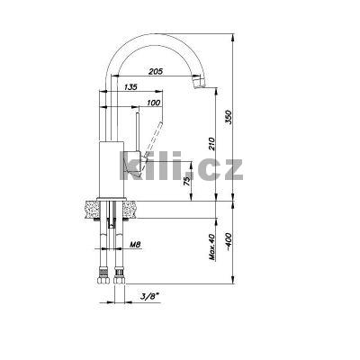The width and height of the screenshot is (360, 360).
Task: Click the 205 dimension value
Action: [x=156, y=71]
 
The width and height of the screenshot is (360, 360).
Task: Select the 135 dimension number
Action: [x=130, y=87]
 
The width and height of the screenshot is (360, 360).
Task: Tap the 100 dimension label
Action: [x=154, y=103]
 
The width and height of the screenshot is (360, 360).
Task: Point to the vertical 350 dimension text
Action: [x=229, y=118]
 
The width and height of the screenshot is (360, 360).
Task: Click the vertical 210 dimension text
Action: [x=211, y=144]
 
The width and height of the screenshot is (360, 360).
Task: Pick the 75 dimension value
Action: [x=187, y=181]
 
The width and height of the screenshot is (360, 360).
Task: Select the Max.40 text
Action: [x=211, y=247]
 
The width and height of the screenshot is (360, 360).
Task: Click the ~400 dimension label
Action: [x=229, y=242]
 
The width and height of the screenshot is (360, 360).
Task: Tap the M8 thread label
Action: [x=135, y=245]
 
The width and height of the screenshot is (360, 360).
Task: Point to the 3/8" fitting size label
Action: [x=149, y=296]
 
